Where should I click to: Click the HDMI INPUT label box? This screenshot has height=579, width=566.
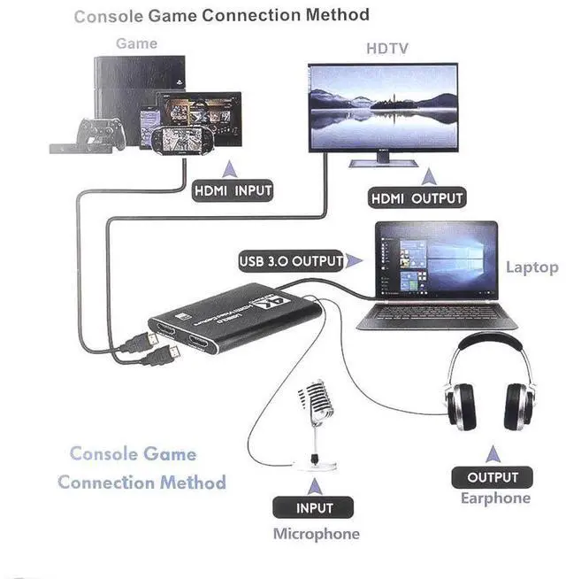click(233, 190)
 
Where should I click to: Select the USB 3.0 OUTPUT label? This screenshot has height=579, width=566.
click(290, 261)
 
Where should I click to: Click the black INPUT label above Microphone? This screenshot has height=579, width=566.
click(314, 507)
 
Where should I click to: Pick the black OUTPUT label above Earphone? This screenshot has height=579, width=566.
click(493, 477)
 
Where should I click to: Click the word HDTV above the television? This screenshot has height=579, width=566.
click(387, 48)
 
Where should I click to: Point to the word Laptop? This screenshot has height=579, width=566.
click(532, 266)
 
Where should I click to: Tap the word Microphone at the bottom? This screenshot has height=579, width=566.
click(316, 534)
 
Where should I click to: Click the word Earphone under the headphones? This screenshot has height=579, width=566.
click(495, 498)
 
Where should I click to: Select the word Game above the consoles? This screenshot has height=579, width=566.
click(136, 42)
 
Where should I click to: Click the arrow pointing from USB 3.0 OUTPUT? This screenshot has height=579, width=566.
click(355, 260)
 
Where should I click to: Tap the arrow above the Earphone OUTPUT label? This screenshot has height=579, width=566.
click(493, 453)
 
